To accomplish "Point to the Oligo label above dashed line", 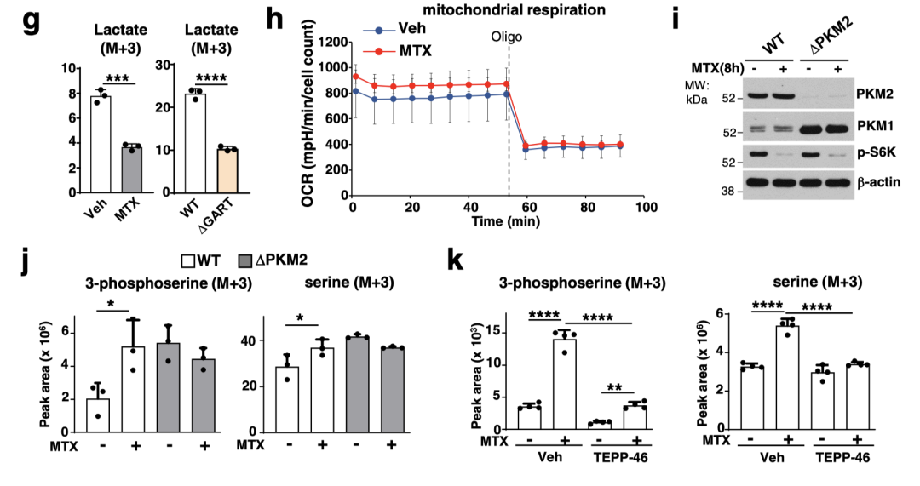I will tap(507, 37).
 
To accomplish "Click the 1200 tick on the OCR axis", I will tap(332, 42).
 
